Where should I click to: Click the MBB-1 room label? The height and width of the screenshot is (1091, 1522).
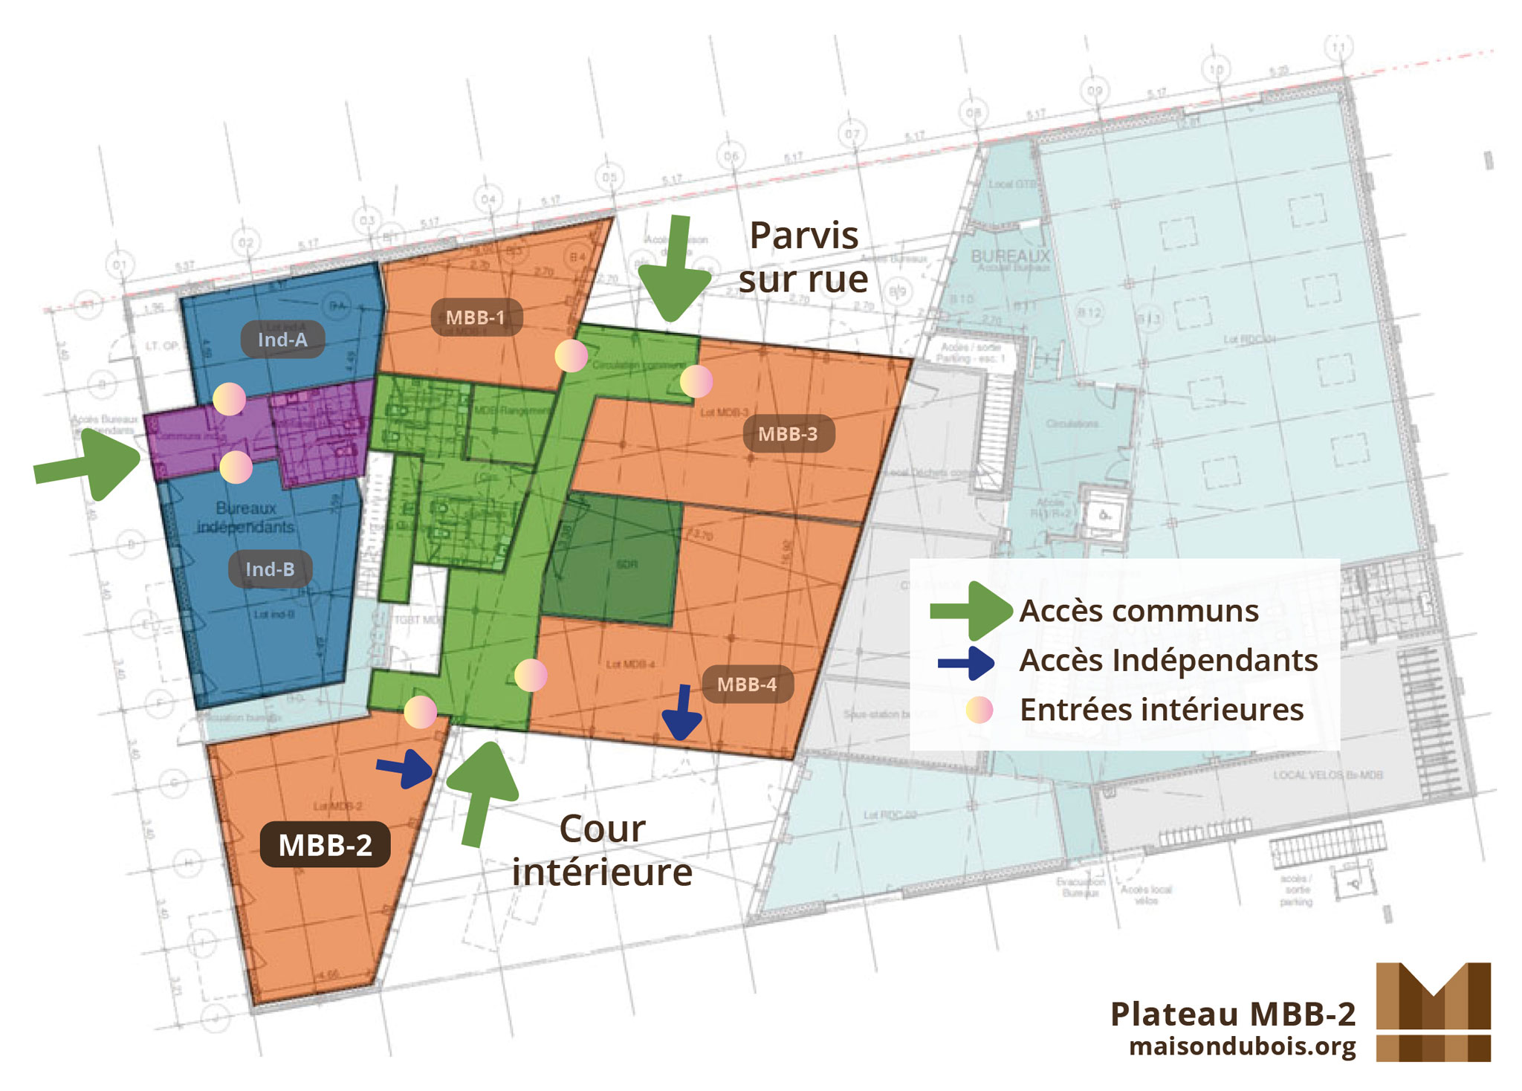476,317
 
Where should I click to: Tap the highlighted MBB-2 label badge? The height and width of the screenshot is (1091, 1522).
325,845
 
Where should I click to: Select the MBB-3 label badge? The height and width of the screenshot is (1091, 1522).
788,434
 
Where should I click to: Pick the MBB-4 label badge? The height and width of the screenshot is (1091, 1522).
747,684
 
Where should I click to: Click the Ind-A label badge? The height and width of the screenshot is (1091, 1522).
282,340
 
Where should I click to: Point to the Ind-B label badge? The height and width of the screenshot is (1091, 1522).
270,569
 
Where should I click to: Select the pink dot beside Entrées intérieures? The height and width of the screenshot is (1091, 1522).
979,710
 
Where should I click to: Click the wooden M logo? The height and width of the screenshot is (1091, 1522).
1433,1011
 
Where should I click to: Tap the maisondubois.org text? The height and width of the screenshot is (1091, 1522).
1242,1046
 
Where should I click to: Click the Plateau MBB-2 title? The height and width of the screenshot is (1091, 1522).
1233,1014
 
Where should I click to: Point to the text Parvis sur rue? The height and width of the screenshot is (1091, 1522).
803,257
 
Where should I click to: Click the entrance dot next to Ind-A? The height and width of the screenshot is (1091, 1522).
229,399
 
